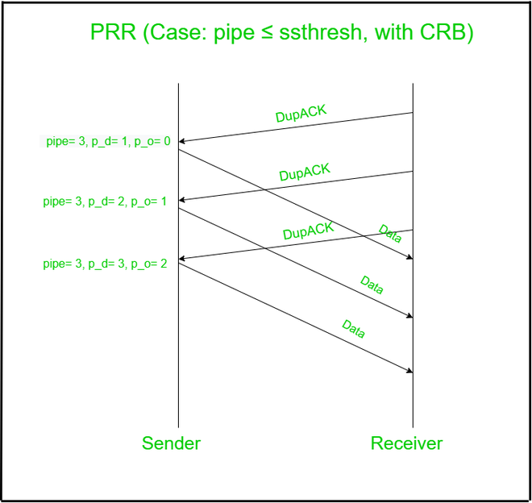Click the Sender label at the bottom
(171, 443)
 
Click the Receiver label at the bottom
(406, 443)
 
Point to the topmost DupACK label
(301, 114)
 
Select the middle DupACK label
(305, 172)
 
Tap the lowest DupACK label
(308, 231)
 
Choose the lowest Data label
(354, 328)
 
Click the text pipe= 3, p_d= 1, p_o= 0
(108, 142)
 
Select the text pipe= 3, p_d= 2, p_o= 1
(105, 202)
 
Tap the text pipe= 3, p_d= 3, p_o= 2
(105, 263)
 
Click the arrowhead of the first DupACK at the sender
(182, 141)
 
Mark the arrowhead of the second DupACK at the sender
(182, 200)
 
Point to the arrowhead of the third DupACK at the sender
(182, 259)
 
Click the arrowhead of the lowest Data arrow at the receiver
(409, 371)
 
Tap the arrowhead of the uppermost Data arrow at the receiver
(409, 257)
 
